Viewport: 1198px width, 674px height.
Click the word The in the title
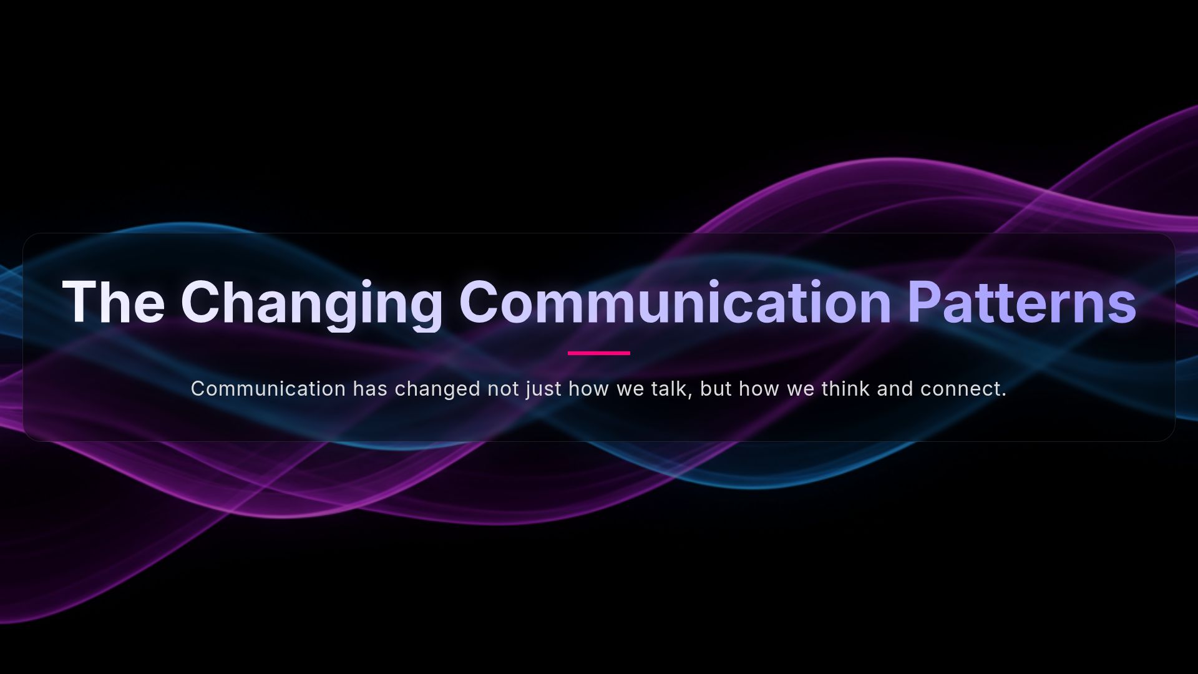[113, 303]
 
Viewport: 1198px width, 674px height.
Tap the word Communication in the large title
[675, 303]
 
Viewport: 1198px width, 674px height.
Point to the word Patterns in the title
[1021, 303]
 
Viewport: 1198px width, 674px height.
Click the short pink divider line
[599, 353]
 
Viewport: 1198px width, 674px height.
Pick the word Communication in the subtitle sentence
[268, 389]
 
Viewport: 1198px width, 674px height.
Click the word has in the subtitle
[370, 389]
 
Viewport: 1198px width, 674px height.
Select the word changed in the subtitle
[437, 389]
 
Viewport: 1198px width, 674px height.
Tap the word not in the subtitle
[503, 389]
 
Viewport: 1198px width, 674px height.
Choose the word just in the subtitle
[543, 389]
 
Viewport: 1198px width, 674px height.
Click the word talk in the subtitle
[671, 389]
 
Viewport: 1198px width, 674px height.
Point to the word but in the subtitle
[716, 389]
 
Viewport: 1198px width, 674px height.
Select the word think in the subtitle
[845, 389]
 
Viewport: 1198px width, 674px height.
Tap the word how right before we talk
[588, 389]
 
